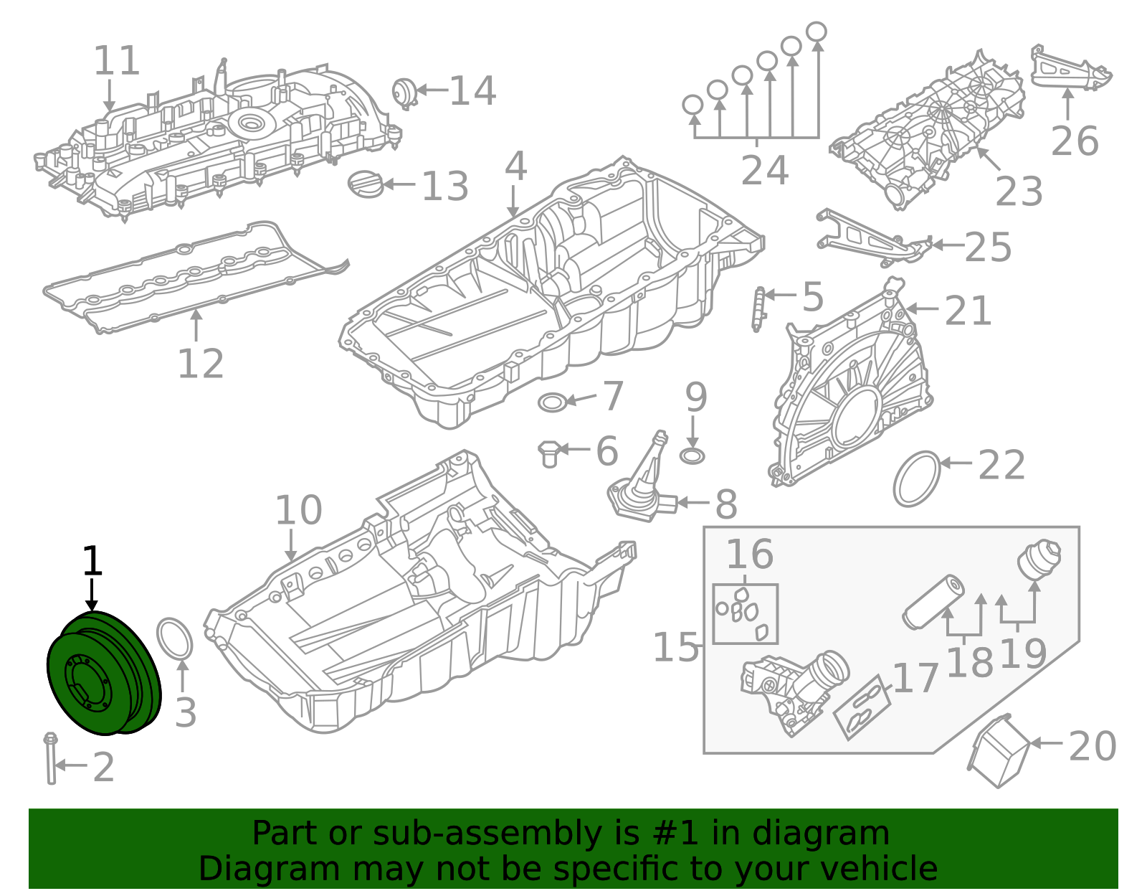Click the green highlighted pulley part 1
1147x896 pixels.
[x=103, y=674]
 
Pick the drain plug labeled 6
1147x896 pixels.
[x=549, y=454]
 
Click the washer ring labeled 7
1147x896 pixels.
[x=553, y=402]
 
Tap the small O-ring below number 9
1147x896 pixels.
[x=693, y=456]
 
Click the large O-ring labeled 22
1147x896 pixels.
[x=917, y=478]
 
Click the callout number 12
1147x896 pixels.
[x=200, y=364]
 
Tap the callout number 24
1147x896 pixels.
[x=764, y=171]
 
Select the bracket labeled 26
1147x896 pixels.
[x=1070, y=68]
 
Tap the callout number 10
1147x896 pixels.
[x=298, y=511]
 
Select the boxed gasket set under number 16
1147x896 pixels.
[x=745, y=614]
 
